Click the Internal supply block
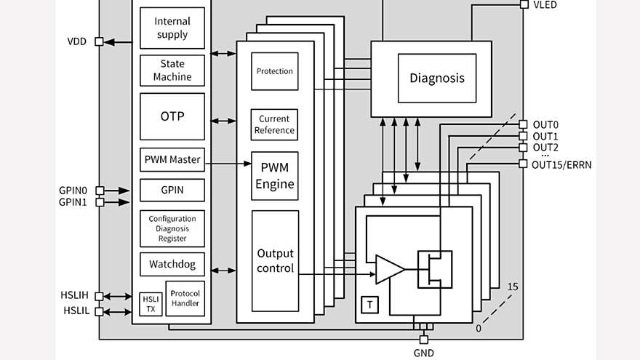click(172, 28)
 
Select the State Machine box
click(172, 71)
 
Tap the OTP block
click(172, 116)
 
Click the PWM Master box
click(172, 160)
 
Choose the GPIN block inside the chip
click(172, 191)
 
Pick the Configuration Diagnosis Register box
click(172, 228)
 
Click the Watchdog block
click(172, 264)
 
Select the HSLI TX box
click(151, 304)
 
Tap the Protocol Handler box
click(185, 298)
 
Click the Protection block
click(275, 71)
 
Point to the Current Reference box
click(275, 124)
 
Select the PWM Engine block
click(275, 177)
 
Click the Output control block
click(275, 261)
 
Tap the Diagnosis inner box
click(436, 79)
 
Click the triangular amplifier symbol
click(388, 269)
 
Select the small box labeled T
click(370, 305)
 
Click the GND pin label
click(423, 353)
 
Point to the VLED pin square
click(524, 4)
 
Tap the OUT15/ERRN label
click(561, 164)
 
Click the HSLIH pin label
click(74, 295)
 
